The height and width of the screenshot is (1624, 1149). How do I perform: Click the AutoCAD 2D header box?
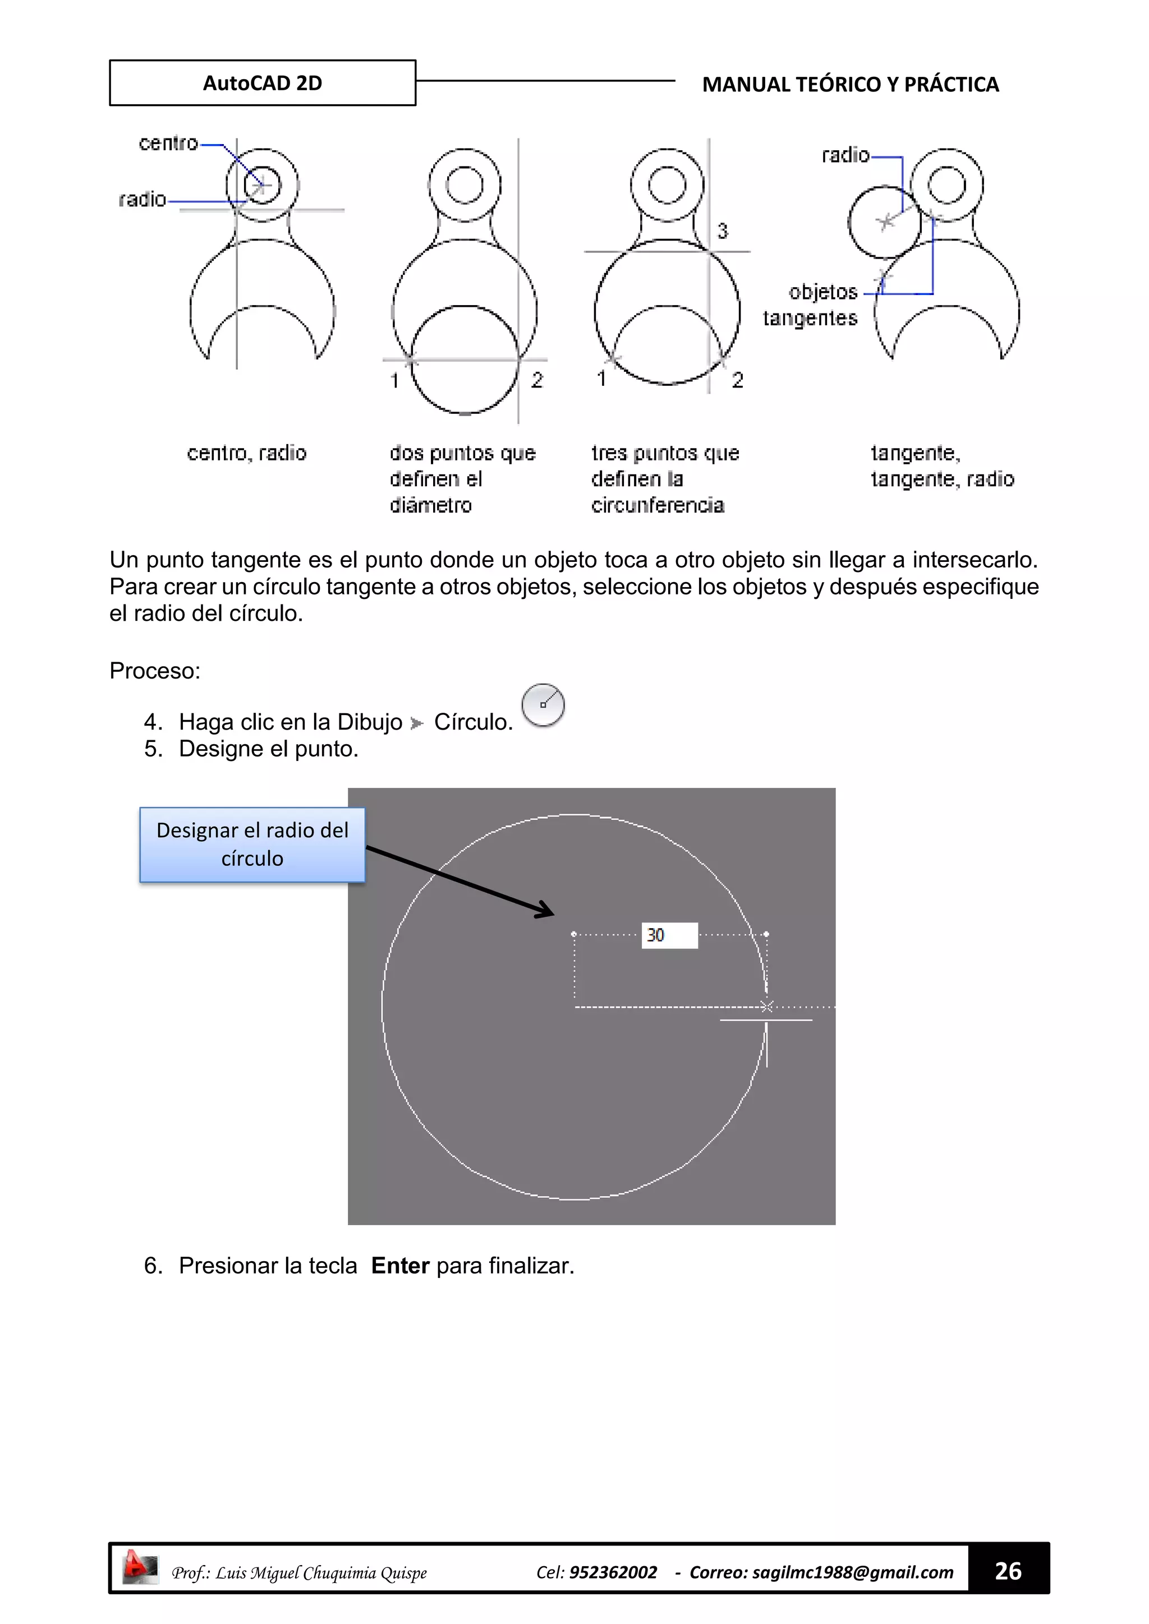pos(263,83)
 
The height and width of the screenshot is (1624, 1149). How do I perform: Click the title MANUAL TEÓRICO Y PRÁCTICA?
pos(850,84)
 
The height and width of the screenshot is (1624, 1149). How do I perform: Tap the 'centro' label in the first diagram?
pos(168,143)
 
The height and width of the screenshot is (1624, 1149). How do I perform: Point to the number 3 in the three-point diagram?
pos(723,230)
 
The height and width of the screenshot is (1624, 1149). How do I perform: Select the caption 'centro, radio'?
pos(246,453)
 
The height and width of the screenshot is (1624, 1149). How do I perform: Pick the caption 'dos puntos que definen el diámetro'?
pos(461,479)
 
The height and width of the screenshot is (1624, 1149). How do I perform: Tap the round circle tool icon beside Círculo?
pos(543,705)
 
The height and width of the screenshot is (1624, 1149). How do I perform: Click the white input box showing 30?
pos(669,935)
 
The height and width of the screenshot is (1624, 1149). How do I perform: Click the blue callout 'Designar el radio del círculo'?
pos(252,845)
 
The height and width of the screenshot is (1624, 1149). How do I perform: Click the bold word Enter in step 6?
pos(400,1266)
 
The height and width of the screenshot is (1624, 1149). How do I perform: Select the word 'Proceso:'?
pos(155,671)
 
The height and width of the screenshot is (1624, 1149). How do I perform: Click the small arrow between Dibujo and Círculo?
pos(417,723)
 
